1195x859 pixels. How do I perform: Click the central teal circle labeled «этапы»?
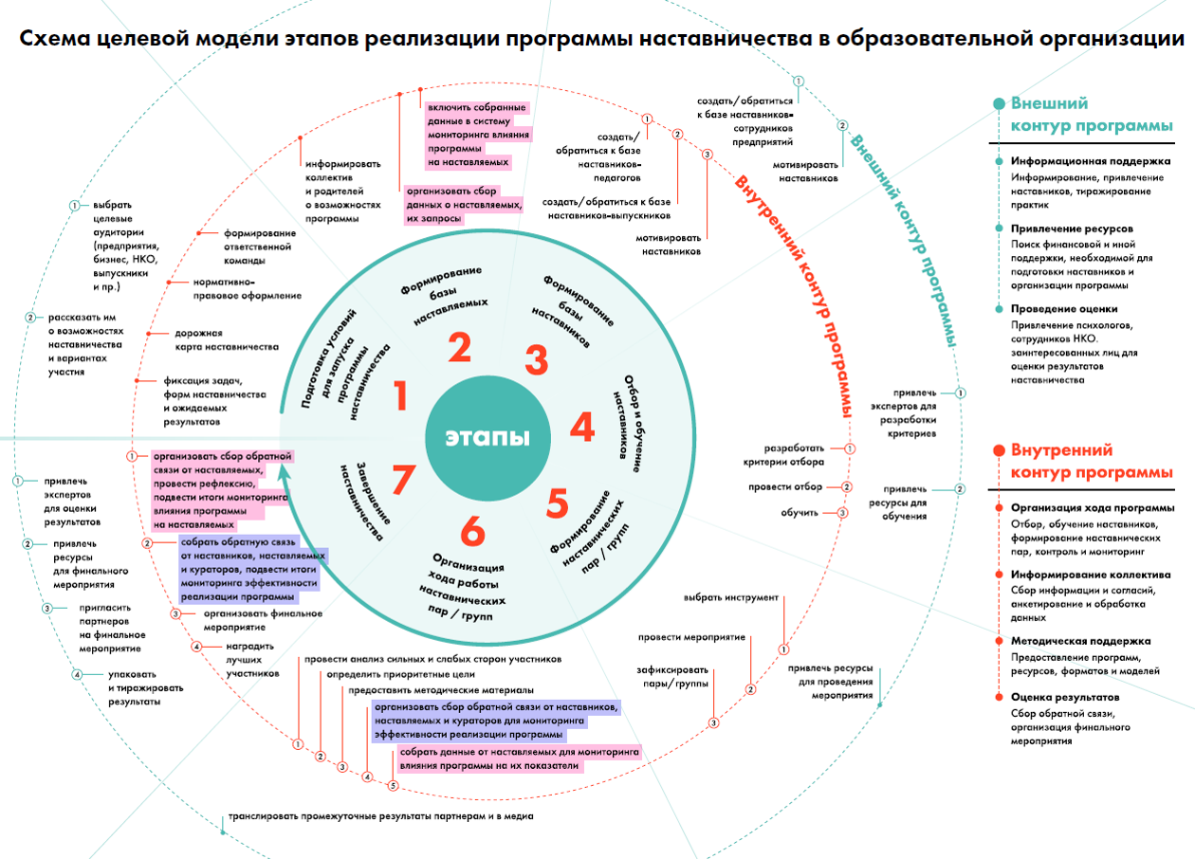click(x=487, y=437)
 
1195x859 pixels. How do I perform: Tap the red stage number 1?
click(x=400, y=395)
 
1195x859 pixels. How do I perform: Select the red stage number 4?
click(x=582, y=427)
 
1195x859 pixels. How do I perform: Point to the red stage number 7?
click(x=403, y=479)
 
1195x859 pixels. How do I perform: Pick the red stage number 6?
click(x=472, y=531)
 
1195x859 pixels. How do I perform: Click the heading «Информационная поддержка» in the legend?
click(x=1091, y=161)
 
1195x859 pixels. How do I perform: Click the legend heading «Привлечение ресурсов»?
click(x=1072, y=228)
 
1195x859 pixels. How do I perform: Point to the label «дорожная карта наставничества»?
click(x=227, y=339)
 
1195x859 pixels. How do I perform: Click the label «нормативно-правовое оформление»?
click(x=247, y=288)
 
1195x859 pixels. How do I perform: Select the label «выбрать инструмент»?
click(x=731, y=597)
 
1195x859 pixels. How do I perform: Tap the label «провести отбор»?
click(x=784, y=486)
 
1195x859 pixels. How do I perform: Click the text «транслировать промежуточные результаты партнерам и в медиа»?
click(x=381, y=816)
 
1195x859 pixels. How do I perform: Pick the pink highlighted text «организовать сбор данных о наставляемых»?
click(x=464, y=205)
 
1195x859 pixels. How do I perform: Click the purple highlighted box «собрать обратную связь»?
click(x=251, y=569)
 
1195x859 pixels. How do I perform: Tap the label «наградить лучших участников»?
click(x=252, y=660)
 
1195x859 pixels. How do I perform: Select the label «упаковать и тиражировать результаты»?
click(x=146, y=687)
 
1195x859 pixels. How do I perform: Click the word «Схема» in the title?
click(x=55, y=38)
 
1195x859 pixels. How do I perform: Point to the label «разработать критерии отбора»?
click(x=783, y=455)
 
